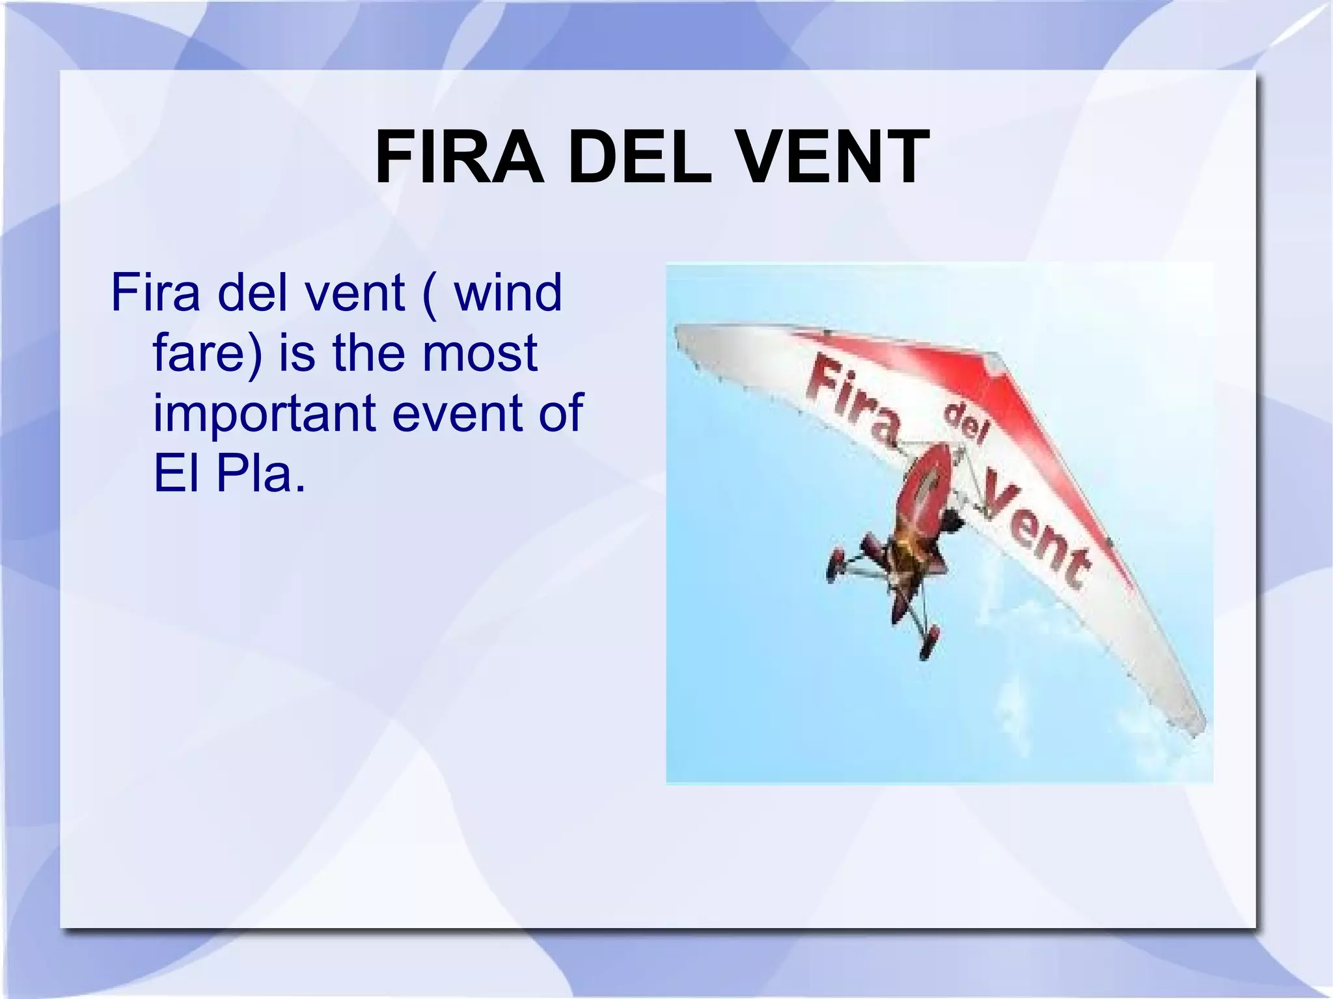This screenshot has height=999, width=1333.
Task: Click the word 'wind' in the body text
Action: [508, 293]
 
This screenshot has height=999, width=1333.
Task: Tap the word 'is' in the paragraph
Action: [296, 353]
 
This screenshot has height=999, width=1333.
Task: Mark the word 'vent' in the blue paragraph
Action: [355, 293]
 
